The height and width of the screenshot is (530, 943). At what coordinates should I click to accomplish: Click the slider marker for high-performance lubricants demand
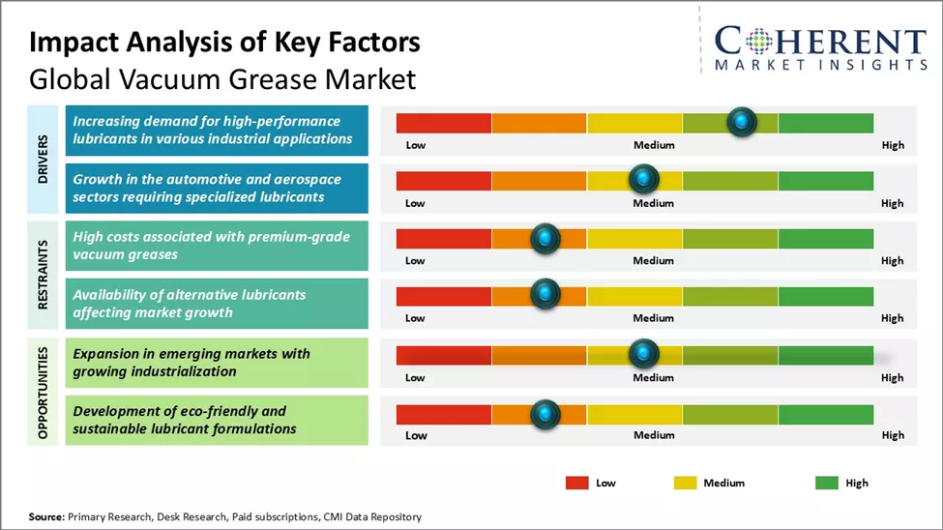(741, 122)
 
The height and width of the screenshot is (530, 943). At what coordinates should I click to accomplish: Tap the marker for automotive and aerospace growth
(643, 179)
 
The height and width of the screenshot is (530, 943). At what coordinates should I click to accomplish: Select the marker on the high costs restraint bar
(545, 238)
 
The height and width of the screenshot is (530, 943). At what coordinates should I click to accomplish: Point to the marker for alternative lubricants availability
(545, 293)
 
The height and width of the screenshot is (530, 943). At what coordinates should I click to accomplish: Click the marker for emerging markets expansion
(643, 354)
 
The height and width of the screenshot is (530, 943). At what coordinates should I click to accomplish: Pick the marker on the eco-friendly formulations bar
(545, 414)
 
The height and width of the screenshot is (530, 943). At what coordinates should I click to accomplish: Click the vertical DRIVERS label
(44, 159)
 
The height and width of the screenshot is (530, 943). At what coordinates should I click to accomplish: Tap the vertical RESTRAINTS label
(44, 274)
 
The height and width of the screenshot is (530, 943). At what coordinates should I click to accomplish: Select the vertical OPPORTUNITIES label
(44, 391)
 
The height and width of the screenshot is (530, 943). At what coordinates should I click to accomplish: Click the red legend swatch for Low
(577, 483)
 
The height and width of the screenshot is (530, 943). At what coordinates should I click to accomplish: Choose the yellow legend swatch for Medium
(684, 483)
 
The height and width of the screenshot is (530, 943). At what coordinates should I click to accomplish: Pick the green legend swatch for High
(826, 483)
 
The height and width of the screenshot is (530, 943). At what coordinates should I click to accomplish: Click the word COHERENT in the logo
(820, 41)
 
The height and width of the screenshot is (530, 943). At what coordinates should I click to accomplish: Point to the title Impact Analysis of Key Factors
(224, 42)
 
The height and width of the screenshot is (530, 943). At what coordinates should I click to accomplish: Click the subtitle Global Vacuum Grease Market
(222, 77)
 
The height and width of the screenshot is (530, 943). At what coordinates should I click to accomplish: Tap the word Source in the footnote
(45, 517)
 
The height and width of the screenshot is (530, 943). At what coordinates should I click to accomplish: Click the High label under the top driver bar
(893, 145)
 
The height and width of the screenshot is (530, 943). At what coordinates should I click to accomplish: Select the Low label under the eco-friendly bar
(416, 435)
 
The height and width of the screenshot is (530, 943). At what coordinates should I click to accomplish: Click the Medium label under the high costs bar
(654, 260)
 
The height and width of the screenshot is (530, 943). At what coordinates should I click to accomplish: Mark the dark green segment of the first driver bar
(825, 123)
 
